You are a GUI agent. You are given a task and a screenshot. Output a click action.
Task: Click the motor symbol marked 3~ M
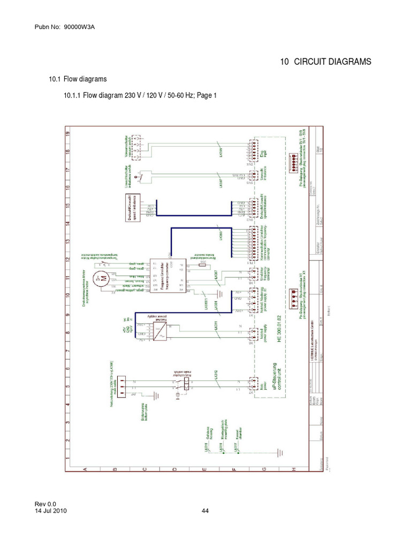pos(100,278)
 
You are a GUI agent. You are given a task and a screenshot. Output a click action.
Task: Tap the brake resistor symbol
pos(202,264)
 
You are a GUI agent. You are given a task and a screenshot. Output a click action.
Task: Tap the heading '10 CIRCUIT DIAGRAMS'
pos(325,62)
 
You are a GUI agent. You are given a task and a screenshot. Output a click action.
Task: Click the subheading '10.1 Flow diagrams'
pos(78,79)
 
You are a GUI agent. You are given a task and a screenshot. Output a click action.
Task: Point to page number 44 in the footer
pos(205,511)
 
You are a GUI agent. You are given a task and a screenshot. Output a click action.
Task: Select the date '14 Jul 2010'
pos(51,511)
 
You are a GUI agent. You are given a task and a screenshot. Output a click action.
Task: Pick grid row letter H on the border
pos(294,469)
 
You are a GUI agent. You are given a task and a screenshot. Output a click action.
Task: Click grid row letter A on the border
pos(85,469)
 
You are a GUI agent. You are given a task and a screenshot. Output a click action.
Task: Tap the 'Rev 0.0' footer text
pos(45,504)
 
